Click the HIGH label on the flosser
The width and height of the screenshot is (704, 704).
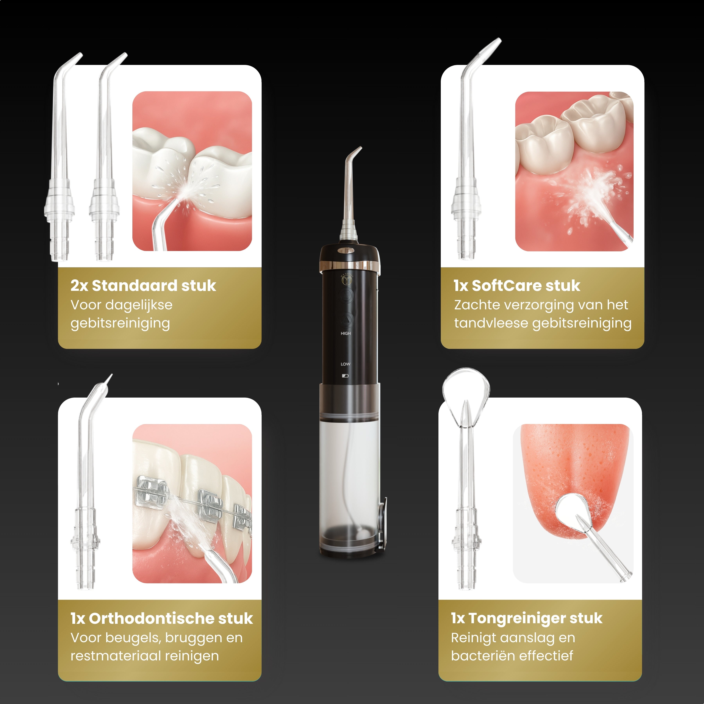pyautogui.click(x=345, y=333)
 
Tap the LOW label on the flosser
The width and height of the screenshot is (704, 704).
pyautogui.click(x=345, y=364)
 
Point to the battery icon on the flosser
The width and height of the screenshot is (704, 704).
pyautogui.click(x=345, y=376)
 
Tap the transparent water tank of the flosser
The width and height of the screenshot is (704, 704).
pyautogui.click(x=350, y=481)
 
